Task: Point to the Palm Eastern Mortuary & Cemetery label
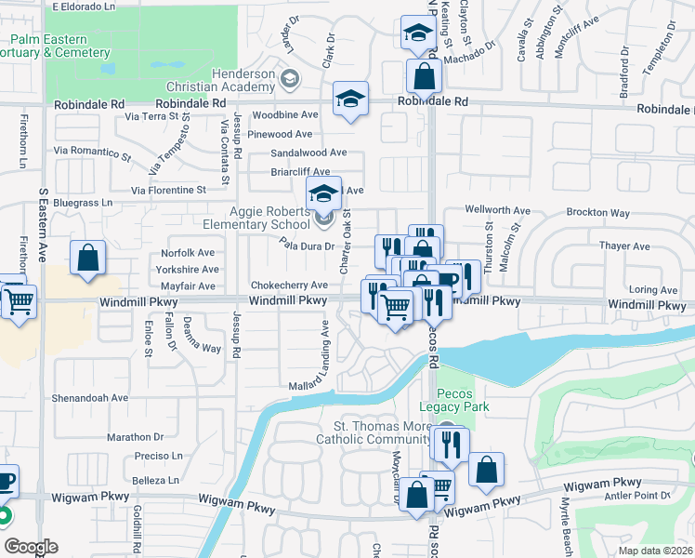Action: [57, 46]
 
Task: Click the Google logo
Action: [31, 547]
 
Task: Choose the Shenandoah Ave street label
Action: [91, 397]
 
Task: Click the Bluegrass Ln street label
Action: [83, 202]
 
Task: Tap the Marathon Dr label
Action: [135, 437]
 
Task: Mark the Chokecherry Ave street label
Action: [289, 286]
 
